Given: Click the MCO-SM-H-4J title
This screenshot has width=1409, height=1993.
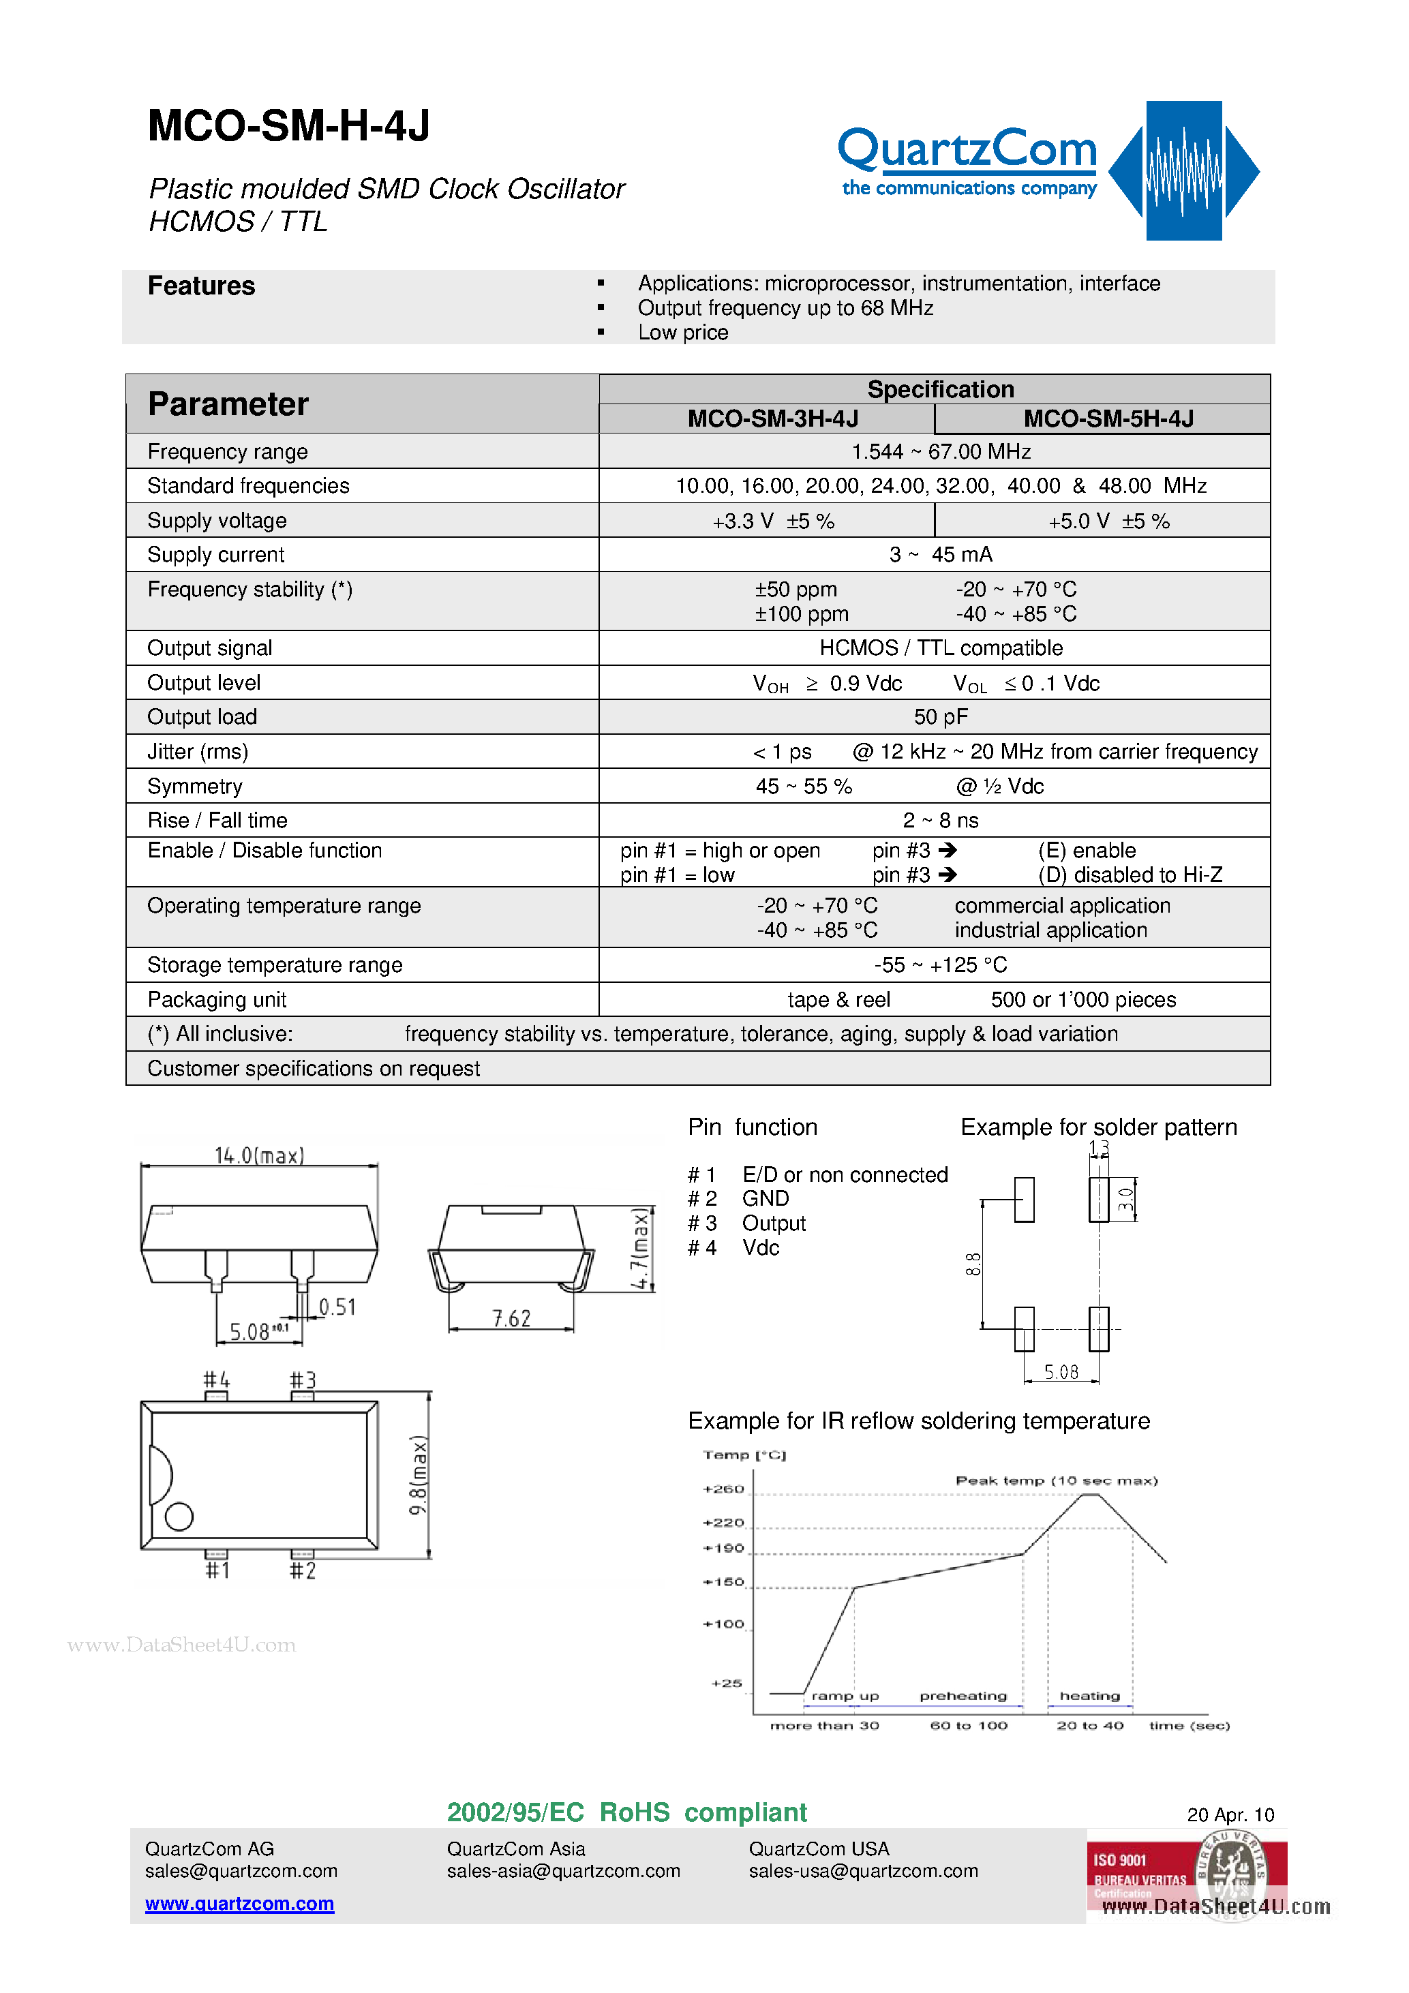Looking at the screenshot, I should pyautogui.click(x=289, y=127).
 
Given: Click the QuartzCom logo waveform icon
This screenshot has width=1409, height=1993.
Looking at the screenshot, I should pyautogui.click(x=1183, y=170).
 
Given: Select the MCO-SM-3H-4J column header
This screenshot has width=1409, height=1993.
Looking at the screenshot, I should pyautogui.click(x=772, y=419).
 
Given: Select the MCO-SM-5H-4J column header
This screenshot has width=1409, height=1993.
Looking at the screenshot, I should pyautogui.click(x=1108, y=419).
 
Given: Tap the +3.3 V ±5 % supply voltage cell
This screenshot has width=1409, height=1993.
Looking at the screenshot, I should pyautogui.click(x=772, y=521).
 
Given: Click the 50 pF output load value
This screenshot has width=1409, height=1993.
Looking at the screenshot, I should pyautogui.click(x=940, y=717).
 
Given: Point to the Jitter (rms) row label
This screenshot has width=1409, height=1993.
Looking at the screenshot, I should pyautogui.click(x=198, y=752).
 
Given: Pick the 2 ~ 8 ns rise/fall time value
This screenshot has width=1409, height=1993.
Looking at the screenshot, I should pyautogui.click(x=940, y=820).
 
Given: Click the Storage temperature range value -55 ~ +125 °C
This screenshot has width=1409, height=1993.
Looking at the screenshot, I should pyautogui.click(x=940, y=965).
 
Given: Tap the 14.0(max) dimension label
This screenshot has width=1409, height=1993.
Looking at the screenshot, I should pyautogui.click(x=259, y=1155).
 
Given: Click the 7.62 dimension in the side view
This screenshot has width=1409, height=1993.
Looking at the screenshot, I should pyautogui.click(x=511, y=1318).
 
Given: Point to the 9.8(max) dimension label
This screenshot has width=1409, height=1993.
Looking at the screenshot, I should pyautogui.click(x=419, y=1475).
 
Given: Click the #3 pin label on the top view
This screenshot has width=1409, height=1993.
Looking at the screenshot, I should pyautogui.click(x=303, y=1380).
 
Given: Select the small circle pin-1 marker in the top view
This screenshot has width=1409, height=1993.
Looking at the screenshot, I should pyautogui.click(x=179, y=1517).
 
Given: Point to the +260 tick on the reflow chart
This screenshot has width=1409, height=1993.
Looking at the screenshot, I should pyautogui.click(x=723, y=1489).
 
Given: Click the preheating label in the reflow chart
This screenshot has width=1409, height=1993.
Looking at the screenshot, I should pyautogui.click(x=963, y=1696).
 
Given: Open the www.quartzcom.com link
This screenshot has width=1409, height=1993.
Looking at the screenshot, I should pyautogui.click(x=240, y=1903).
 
